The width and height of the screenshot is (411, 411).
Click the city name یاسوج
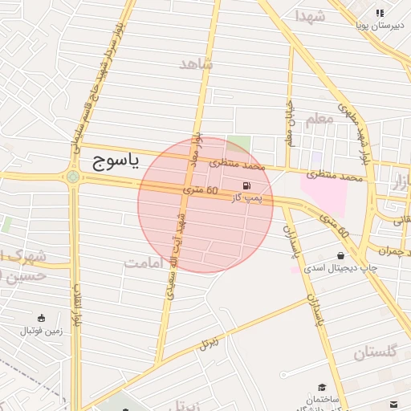[x=112, y=162]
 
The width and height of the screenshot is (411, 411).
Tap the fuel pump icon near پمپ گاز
[x=245, y=185]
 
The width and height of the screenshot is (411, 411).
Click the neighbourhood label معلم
[x=319, y=120]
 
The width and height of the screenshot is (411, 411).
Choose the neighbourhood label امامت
[x=145, y=262]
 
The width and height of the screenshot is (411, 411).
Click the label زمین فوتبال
[x=42, y=330]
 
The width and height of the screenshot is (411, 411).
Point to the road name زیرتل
[x=210, y=343]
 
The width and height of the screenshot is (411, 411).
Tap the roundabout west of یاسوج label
[x=73, y=177]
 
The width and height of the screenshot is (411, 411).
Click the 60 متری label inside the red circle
[x=201, y=191]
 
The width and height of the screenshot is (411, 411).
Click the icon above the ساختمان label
[x=322, y=387]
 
